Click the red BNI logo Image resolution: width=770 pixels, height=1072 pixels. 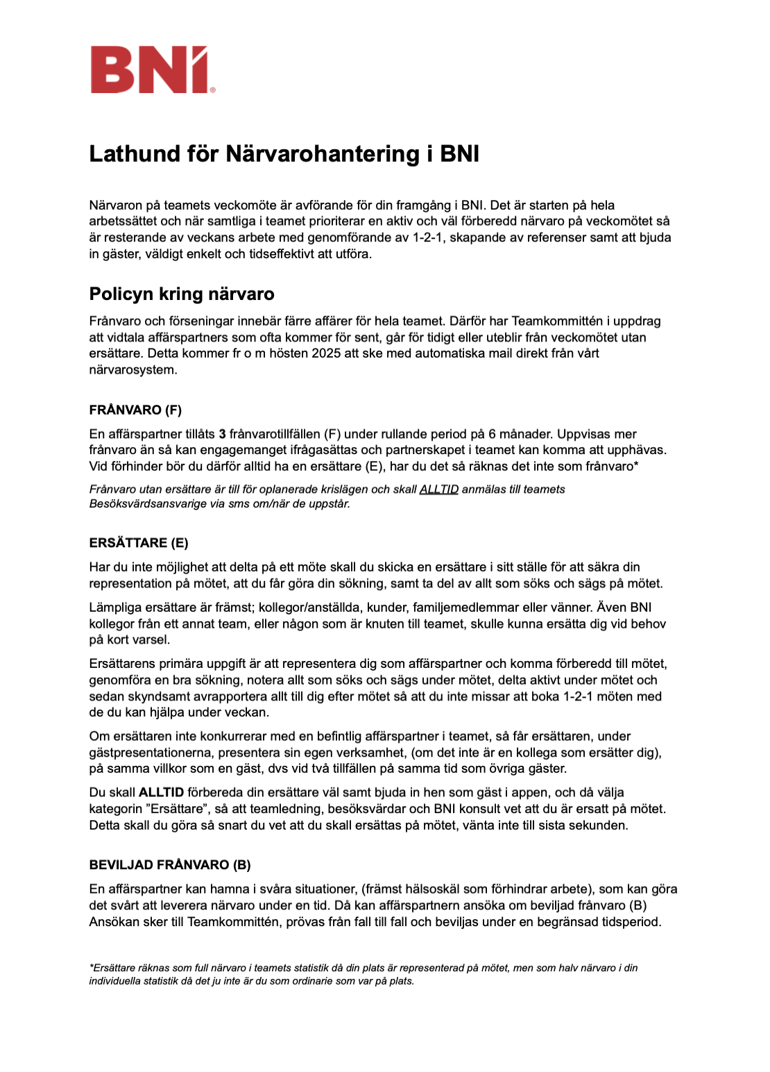coord(150,69)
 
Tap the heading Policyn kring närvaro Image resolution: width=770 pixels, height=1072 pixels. coord(182,294)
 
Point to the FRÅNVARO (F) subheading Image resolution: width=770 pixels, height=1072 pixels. coord(135,410)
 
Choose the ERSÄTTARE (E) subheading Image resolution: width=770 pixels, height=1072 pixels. coord(139,542)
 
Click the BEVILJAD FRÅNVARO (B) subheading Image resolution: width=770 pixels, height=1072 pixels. coord(170,864)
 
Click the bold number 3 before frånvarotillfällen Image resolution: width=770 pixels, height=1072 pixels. coord(223,434)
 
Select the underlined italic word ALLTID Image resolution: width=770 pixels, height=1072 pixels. coord(439,489)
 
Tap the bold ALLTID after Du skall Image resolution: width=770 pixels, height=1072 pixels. coord(161,792)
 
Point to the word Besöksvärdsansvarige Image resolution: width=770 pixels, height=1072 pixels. coord(146,503)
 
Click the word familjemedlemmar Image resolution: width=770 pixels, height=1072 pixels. coord(465,608)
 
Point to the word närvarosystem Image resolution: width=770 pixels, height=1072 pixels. coord(132,370)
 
